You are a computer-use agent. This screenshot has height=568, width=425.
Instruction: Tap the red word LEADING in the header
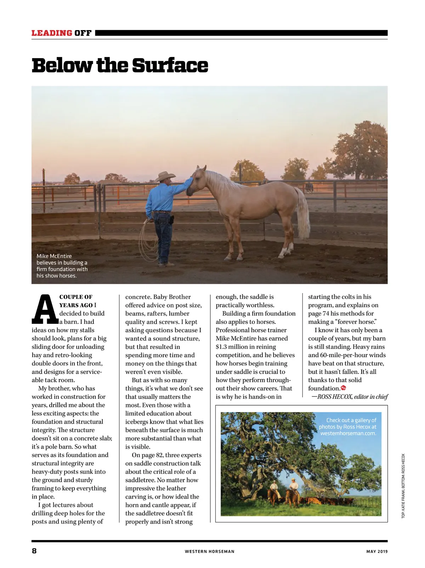(x=52, y=33)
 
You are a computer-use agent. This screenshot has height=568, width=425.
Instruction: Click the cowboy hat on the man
(x=165, y=176)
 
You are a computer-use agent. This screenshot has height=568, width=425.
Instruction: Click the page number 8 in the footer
(x=34, y=551)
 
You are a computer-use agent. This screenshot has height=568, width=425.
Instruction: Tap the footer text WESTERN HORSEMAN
(x=209, y=551)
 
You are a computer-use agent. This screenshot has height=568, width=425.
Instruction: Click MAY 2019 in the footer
(x=377, y=551)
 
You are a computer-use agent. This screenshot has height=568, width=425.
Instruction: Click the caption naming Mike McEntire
(x=62, y=266)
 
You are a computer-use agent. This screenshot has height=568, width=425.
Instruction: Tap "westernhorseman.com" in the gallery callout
(x=348, y=433)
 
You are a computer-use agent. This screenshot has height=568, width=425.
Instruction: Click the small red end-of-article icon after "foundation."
(x=343, y=388)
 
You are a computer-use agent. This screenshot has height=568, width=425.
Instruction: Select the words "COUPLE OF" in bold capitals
(x=76, y=297)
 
